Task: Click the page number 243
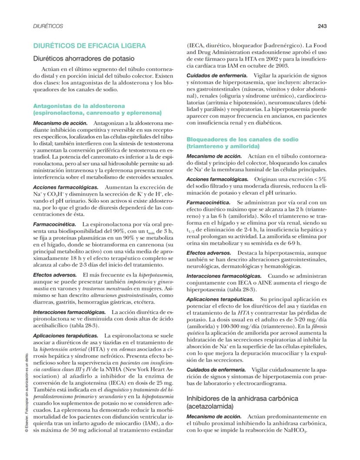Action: point(322,26)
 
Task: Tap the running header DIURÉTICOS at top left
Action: point(48,26)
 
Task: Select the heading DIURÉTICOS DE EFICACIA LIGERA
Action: point(90,46)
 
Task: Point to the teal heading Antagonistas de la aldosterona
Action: point(79,106)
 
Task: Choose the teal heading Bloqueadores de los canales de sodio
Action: point(243,140)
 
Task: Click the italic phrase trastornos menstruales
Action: point(97,289)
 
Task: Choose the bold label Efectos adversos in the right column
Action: point(206,253)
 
